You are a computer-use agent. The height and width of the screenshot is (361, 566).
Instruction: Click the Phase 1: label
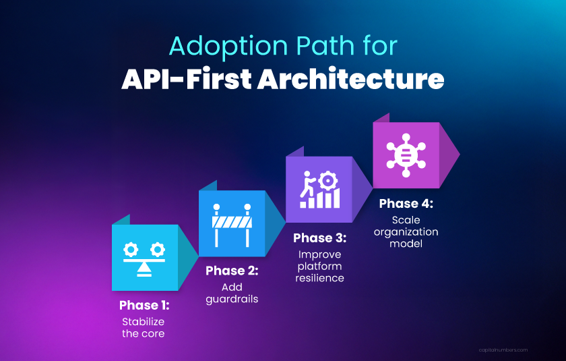[144, 305]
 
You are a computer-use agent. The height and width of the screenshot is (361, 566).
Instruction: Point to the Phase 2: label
[232, 271]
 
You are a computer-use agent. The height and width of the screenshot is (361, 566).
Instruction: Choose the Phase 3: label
[319, 238]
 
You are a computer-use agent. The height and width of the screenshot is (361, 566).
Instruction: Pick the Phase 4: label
[406, 204]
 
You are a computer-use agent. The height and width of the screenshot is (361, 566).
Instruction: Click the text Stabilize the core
[143, 327]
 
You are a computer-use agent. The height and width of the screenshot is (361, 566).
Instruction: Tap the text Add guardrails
[232, 294]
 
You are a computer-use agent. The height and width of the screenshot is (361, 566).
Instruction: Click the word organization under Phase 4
[406, 231]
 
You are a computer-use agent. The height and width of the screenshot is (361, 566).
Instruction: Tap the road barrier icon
[232, 223]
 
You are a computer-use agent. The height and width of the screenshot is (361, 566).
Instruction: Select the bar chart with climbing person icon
[319, 190]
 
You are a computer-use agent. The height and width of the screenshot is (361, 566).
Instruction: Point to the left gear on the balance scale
[130, 250]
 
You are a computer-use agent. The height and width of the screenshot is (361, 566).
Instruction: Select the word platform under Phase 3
[319, 267]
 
